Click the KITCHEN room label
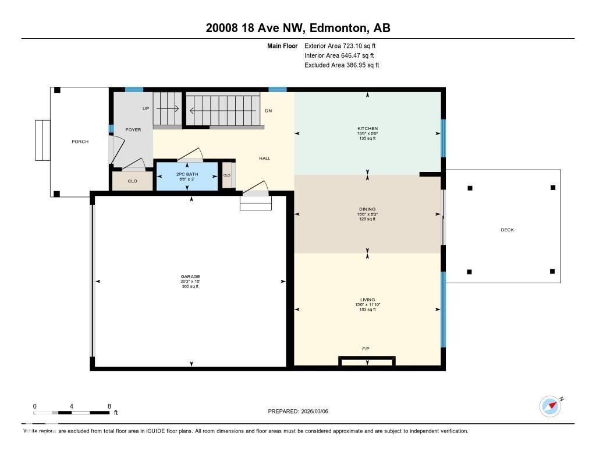367,128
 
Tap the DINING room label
367,209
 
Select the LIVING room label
367,300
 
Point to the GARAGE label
190,277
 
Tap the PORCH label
80,142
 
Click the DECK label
507,230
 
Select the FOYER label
133,130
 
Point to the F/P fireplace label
366,349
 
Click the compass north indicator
551,406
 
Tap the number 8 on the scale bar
109,406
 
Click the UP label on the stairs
146,108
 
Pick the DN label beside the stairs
268,111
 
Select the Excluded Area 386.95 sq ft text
342,65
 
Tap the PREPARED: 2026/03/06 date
301,411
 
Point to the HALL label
264,159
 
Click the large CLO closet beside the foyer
132,181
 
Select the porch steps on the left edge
42,140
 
